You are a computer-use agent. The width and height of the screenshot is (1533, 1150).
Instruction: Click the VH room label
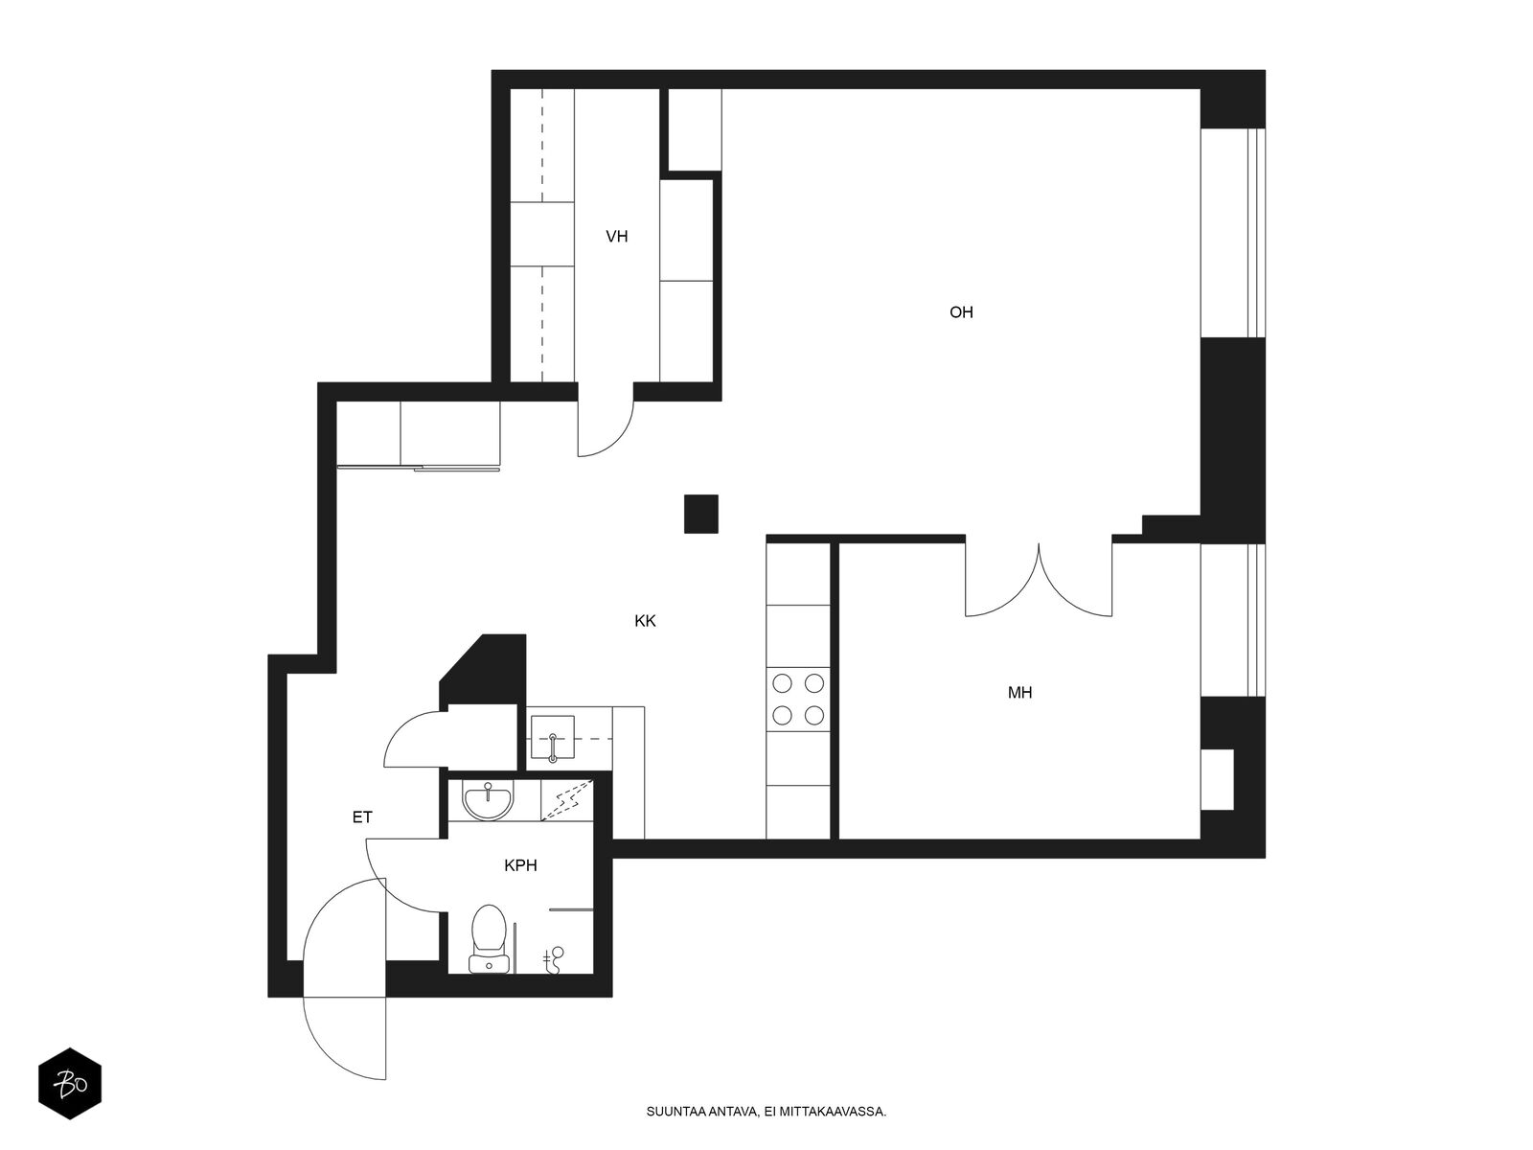(617, 237)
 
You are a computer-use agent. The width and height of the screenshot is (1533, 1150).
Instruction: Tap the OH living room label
(961, 312)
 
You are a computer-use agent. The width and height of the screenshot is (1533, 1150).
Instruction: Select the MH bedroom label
(1019, 693)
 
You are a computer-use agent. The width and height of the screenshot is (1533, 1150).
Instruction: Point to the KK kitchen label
(645, 621)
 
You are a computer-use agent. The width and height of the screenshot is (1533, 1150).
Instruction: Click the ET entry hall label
(362, 816)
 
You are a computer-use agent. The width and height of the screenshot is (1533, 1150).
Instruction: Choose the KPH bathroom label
(520, 865)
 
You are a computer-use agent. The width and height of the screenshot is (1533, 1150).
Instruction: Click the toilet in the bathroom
(489, 938)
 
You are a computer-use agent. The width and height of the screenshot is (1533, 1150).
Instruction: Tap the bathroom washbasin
(488, 800)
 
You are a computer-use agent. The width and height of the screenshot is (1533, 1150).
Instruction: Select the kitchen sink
(553, 737)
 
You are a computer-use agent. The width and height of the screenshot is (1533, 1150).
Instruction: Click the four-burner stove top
(797, 699)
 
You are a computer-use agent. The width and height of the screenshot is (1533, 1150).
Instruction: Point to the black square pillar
(700, 514)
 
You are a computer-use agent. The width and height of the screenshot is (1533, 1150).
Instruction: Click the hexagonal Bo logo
(70, 1084)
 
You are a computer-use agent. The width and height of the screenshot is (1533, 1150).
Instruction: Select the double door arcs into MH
(1039, 580)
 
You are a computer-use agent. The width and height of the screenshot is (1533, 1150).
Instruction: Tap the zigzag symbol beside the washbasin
(566, 800)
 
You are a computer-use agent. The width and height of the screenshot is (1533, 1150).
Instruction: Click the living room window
(1233, 233)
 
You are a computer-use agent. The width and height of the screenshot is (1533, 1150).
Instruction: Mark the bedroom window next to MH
(1233, 620)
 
